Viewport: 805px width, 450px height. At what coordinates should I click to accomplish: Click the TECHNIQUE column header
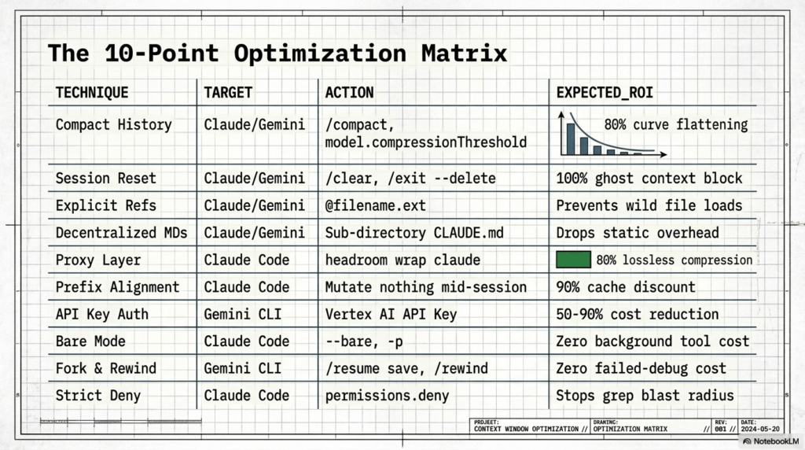coord(92,93)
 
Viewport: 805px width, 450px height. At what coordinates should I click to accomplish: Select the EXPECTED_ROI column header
coord(605,93)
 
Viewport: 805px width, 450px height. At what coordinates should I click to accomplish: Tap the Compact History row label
coord(113,125)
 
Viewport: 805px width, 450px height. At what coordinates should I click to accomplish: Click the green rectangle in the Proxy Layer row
coord(573,260)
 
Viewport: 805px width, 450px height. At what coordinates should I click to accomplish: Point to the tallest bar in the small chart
coord(571,138)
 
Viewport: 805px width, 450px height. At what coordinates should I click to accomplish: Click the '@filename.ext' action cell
coord(375,205)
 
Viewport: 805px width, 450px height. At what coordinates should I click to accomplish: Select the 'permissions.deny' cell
coord(387,396)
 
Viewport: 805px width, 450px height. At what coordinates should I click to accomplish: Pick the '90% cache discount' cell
coord(625,287)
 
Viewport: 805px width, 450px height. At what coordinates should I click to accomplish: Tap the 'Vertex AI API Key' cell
coord(391,315)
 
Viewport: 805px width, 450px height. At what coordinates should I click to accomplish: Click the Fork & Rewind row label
coord(106,368)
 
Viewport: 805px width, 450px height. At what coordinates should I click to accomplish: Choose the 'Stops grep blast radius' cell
coord(645,396)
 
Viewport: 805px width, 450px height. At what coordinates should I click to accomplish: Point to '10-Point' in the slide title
coord(162,53)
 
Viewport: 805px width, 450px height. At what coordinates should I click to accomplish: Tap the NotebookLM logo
coord(771,441)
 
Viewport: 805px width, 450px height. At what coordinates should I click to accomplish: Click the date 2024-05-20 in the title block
coord(760,429)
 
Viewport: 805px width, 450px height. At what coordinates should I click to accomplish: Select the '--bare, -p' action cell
coord(364,341)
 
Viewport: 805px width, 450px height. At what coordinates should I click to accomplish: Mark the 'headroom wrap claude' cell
coord(402,260)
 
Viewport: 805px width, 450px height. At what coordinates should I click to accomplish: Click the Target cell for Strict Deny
coord(246,396)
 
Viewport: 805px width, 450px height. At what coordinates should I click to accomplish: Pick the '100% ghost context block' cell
coord(649,179)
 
